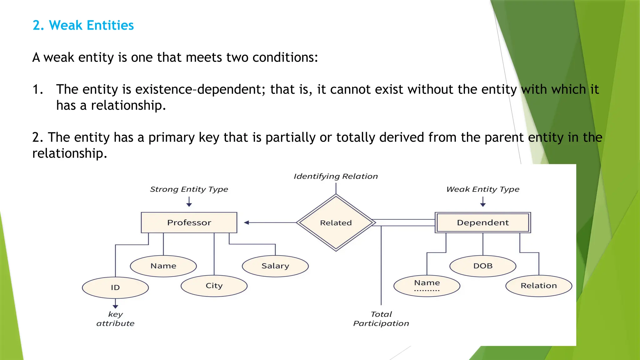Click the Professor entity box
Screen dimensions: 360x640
[x=189, y=222]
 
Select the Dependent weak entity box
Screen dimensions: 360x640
[x=483, y=222]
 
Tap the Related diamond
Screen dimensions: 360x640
[x=336, y=222]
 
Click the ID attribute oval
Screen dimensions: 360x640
[x=115, y=287]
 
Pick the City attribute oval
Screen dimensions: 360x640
[x=214, y=286]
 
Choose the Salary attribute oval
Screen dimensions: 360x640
[x=275, y=266]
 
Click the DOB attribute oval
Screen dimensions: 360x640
[x=483, y=266]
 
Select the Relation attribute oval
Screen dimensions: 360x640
[x=539, y=286]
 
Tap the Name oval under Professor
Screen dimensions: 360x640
[x=163, y=266]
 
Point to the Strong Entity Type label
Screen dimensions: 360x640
[x=189, y=189]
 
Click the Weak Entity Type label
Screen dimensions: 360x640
[x=483, y=189]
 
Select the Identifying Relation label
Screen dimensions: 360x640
[x=336, y=177]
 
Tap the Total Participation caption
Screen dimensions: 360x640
[x=381, y=319]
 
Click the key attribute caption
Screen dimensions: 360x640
[x=115, y=319]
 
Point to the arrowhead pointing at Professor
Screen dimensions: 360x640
[x=247, y=222]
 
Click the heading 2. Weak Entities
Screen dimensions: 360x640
[x=83, y=25]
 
